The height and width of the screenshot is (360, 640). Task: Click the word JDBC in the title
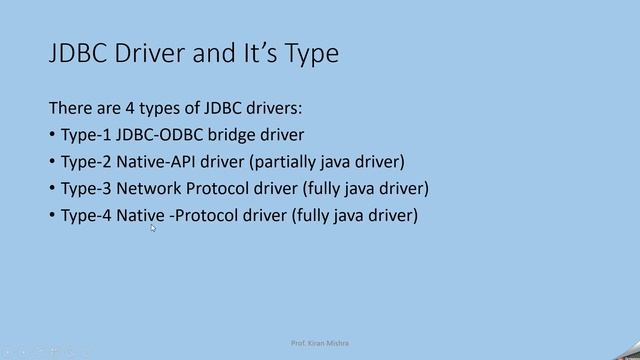(x=78, y=54)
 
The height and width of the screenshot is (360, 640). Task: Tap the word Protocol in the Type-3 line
(x=220, y=188)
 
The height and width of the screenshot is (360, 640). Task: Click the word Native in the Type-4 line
(x=140, y=215)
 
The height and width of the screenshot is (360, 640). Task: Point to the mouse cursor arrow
(x=153, y=228)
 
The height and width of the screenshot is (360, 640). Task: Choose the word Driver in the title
(x=150, y=54)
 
